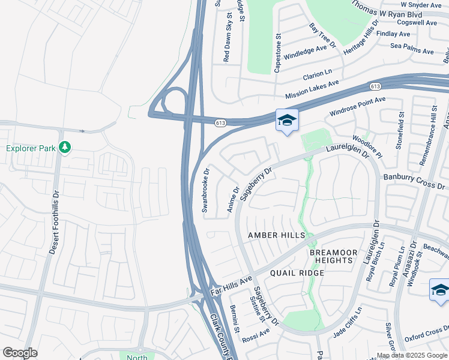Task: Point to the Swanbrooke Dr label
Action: [x=205, y=190]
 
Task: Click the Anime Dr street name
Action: [x=233, y=200]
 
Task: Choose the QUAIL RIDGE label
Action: [x=297, y=273]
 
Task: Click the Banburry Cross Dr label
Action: [x=415, y=182]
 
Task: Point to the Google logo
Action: [x=20, y=353]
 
